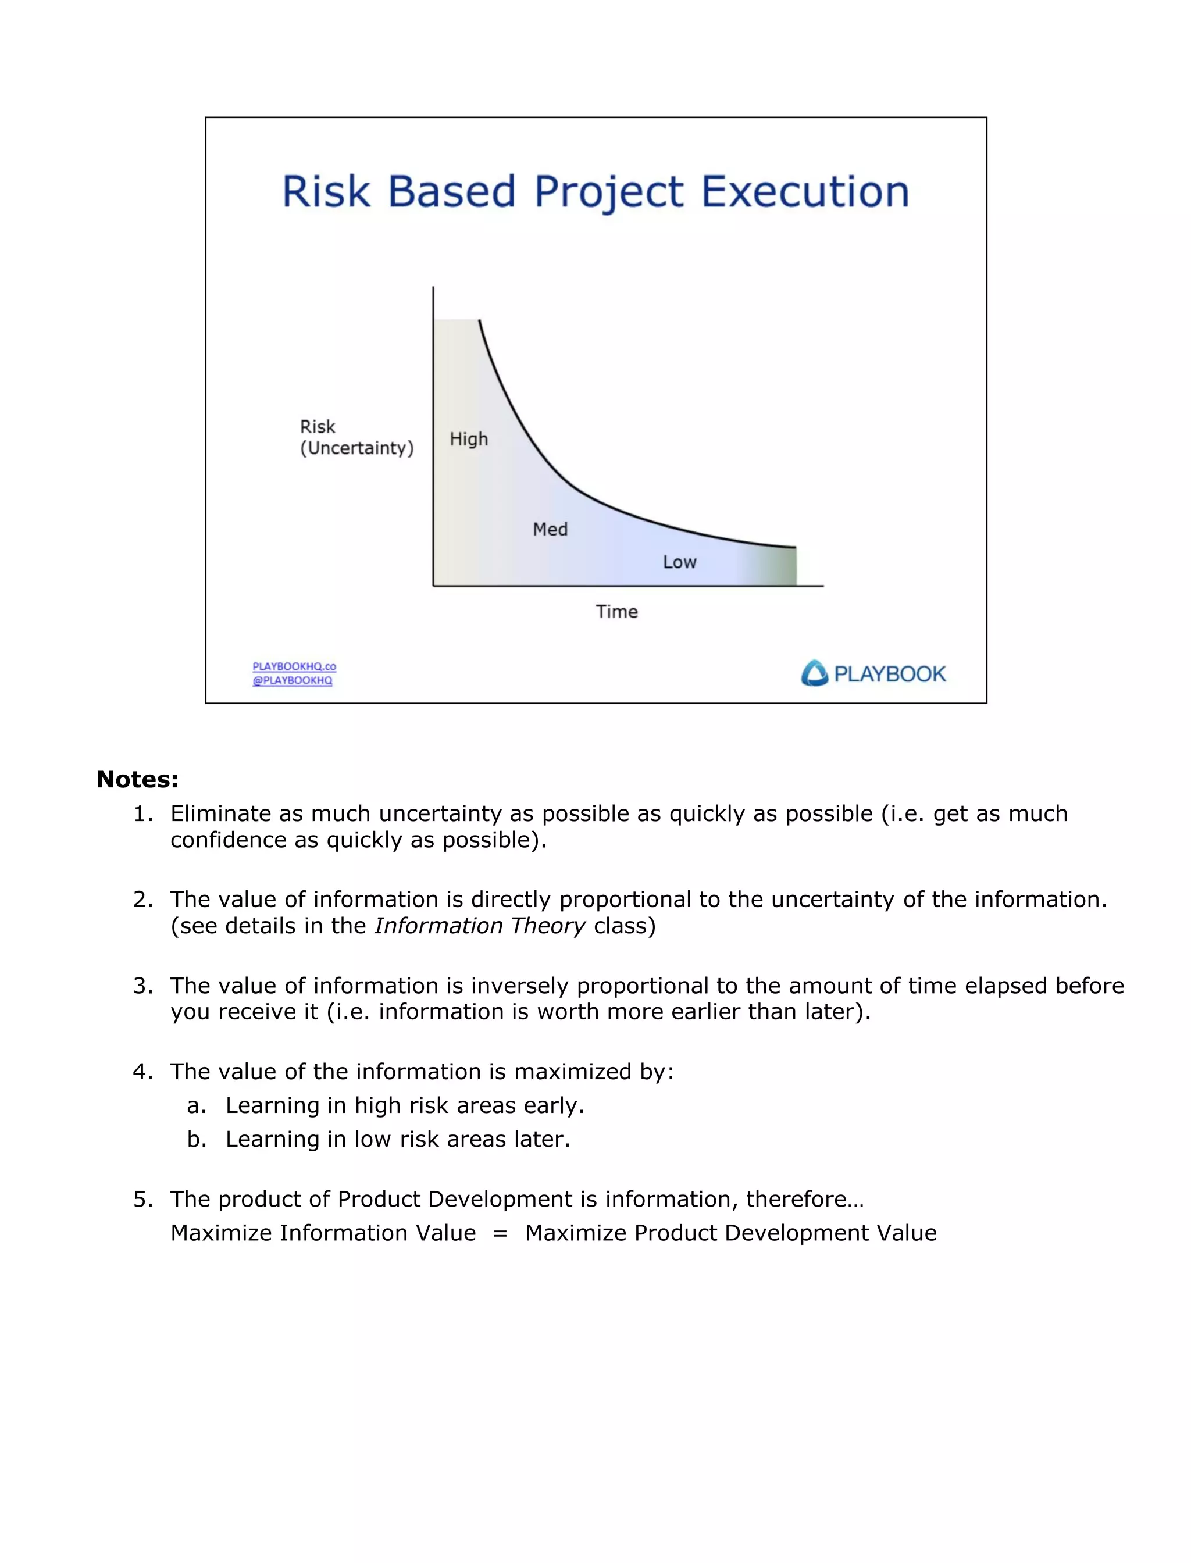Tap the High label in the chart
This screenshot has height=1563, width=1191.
point(469,440)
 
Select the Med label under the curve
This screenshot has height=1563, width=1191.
point(550,530)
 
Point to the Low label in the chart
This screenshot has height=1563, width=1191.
point(679,562)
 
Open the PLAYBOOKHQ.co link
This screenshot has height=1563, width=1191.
point(294,666)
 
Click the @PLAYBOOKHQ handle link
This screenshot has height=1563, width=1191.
point(292,680)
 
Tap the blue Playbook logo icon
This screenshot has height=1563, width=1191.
point(815,673)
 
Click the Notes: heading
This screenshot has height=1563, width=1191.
point(137,780)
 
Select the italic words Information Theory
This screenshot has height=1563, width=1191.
point(480,926)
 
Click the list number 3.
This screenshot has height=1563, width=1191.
point(142,986)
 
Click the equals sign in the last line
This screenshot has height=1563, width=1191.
point(500,1233)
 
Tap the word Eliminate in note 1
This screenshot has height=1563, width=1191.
point(220,813)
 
